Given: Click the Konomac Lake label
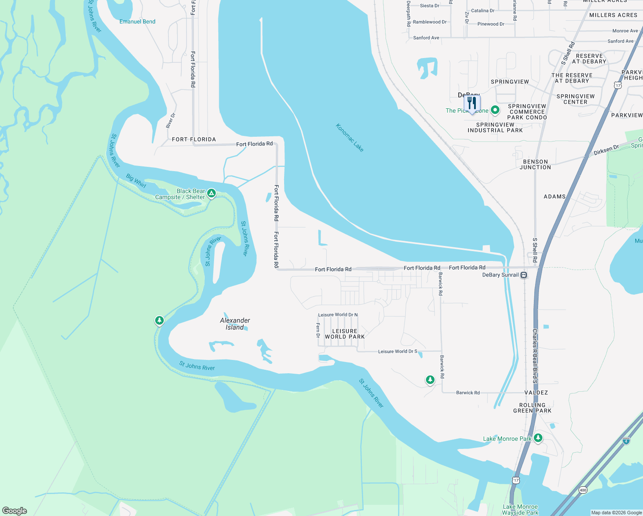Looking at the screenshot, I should (349, 138).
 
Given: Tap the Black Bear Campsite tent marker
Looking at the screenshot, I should (211, 193).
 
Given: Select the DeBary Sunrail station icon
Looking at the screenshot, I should (524, 275).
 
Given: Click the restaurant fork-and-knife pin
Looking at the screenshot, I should (472, 103).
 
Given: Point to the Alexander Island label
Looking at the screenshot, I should (235, 324).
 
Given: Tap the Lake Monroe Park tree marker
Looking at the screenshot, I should (538, 438).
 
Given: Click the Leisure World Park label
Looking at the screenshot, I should (345, 334).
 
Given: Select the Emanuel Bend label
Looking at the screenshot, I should (138, 21).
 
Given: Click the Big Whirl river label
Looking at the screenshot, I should (136, 181).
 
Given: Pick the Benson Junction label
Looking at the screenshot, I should (535, 165).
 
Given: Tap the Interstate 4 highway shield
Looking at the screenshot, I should (626, 440).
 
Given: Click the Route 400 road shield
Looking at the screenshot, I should (583, 490).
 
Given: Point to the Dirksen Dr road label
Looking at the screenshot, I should (606, 150).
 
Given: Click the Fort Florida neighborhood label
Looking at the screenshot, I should (194, 139).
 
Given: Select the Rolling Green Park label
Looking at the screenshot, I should (532, 408).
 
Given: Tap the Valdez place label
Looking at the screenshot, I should (536, 393).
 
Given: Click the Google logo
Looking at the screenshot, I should (15, 510).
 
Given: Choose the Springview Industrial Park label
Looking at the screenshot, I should (495, 128).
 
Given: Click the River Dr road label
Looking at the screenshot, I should (171, 121).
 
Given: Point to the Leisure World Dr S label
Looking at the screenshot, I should (398, 351).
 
